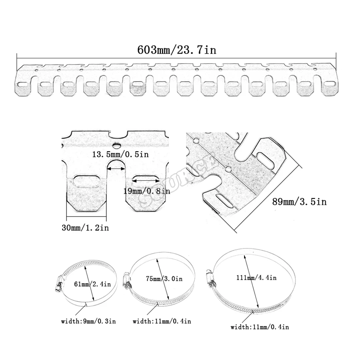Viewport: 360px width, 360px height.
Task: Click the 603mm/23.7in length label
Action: pos(177,50)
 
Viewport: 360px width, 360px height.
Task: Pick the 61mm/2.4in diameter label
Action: pos(93,284)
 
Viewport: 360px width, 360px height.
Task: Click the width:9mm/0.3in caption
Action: pos(88,321)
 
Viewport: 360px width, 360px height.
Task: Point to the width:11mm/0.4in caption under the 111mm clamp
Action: pos(260,327)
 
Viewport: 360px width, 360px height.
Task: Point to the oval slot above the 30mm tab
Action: pos(86,181)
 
